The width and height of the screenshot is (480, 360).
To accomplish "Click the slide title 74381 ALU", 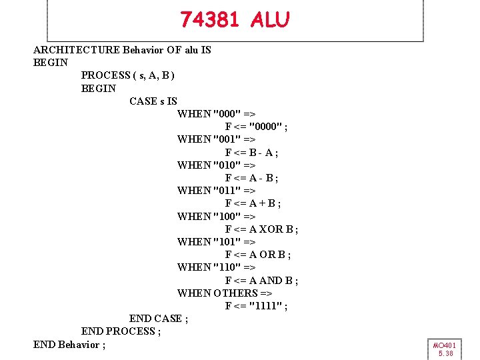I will [x=235, y=21].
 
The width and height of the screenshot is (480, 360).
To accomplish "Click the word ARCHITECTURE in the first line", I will [x=77, y=50].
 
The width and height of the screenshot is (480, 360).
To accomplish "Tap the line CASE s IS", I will [x=153, y=101].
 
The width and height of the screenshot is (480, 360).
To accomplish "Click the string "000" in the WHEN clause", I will [x=227, y=114].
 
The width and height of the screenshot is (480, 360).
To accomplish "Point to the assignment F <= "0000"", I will [x=256, y=127].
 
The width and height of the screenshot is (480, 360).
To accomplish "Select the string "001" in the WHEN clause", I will [x=227, y=139].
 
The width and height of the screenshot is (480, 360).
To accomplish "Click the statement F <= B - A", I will [x=251, y=153].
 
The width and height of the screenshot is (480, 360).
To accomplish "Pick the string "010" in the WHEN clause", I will [x=227, y=165].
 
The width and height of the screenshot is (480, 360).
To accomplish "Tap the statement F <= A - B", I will [x=251, y=178].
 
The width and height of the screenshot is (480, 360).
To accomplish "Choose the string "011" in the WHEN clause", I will [x=227, y=191].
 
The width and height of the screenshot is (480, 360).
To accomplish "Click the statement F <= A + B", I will [x=253, y=203].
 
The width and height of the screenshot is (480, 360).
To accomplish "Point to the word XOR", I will [x=272, y=229].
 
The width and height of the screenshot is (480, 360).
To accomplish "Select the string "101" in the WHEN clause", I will [x=227, y=242].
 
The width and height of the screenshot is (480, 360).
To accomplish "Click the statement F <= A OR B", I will [x=257, y=255].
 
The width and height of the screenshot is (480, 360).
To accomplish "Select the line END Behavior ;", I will [x=69, y=345].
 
